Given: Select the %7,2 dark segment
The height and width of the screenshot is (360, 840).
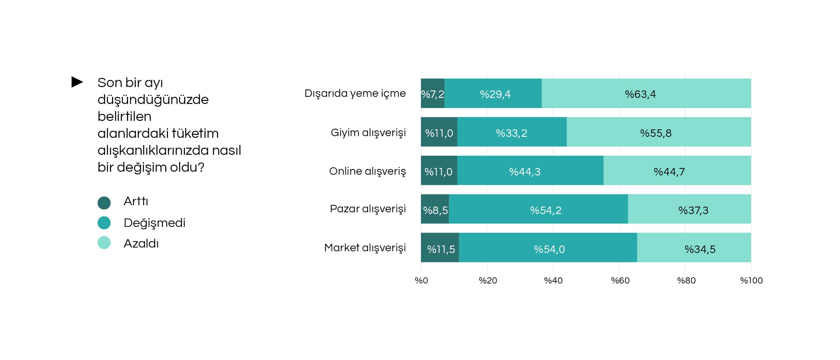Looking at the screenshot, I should pyautogui.click(x=433, y=93).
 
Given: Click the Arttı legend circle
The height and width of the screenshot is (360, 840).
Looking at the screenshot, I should pyautogui.click(x=104, y=203).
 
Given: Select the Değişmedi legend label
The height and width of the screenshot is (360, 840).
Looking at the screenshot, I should pyautogui.click(x=154, y=223).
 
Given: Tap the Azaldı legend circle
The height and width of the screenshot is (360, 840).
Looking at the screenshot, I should pyautogui.click(x=104, y=243).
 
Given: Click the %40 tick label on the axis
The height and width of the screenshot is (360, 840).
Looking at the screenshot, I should pyautogui.click(x=553, y=280).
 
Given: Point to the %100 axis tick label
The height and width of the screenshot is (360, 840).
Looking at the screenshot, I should pyautogui.click(x=751, y=280).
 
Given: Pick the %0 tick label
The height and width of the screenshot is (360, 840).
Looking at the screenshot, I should pyautogui.click(x=421, y=280).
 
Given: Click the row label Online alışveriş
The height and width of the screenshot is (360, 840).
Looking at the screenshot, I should pyautogui.click(x=367, y=171).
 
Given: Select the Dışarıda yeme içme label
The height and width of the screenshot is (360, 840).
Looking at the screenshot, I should pyautogui.click(x=355, y=93).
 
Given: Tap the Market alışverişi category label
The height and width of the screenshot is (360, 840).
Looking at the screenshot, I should pyautogui.click(x=365, y=248).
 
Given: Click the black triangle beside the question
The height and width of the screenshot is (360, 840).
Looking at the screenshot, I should pyautogui.click(x=77, y=82).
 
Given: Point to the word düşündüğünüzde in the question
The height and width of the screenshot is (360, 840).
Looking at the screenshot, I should pyautogui.click(x=153, y=100).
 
